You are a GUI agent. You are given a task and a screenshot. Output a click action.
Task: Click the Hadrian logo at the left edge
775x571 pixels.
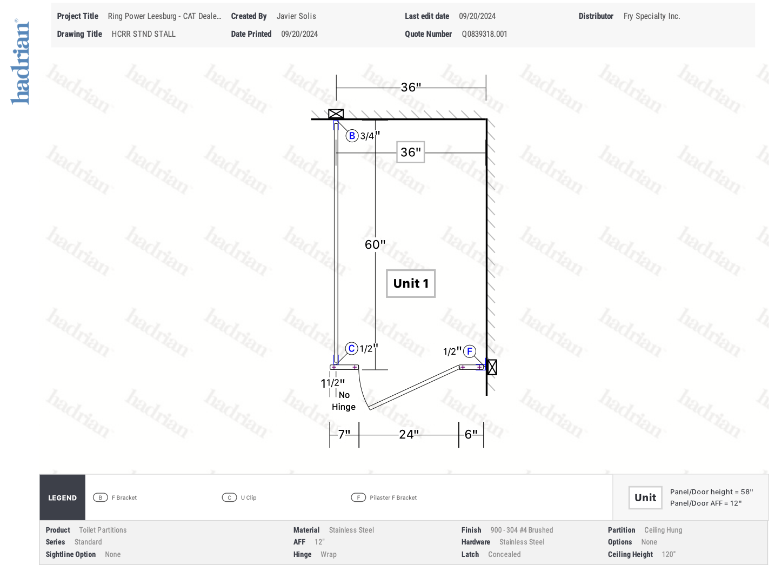coord(20,62)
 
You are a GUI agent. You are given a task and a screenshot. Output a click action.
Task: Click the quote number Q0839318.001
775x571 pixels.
coord(484,34)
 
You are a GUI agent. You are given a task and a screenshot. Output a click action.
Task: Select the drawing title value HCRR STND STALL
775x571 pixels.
coord(143,34)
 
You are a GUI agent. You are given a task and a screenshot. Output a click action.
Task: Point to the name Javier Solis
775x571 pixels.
coord(296,16)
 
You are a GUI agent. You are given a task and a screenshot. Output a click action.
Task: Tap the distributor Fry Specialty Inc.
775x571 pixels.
coord(651,16)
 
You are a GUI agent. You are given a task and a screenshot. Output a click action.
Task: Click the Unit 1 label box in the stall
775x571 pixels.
coord(411,283)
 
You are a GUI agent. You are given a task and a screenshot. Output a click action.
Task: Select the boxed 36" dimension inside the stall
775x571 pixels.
coord(411,152)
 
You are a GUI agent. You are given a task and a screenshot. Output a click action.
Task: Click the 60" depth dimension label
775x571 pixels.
coord(375,244)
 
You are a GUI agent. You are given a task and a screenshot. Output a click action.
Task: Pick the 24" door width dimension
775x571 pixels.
coord(409,434)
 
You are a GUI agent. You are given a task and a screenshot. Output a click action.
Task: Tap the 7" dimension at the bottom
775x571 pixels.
coord(344,434)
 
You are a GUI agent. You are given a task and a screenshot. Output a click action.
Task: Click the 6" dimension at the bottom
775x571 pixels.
coord(471,434)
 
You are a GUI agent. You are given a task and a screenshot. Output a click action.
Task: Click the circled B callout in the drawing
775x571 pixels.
coord(352,136)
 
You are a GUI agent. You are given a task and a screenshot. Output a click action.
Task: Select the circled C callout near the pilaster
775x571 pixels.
coord(351,349)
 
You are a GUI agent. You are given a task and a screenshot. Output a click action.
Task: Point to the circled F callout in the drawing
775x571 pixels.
coord(469,351)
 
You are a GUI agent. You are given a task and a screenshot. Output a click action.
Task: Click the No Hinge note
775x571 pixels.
coord(344,401)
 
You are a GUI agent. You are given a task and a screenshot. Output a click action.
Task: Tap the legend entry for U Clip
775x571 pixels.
coord(239,497)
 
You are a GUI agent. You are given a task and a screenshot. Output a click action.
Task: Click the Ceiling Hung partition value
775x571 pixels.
coord(663,530)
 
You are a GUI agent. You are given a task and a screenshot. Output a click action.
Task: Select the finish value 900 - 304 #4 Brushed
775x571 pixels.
coord(522,530)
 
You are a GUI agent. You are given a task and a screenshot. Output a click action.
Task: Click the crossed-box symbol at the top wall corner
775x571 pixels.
coord(336,114)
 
